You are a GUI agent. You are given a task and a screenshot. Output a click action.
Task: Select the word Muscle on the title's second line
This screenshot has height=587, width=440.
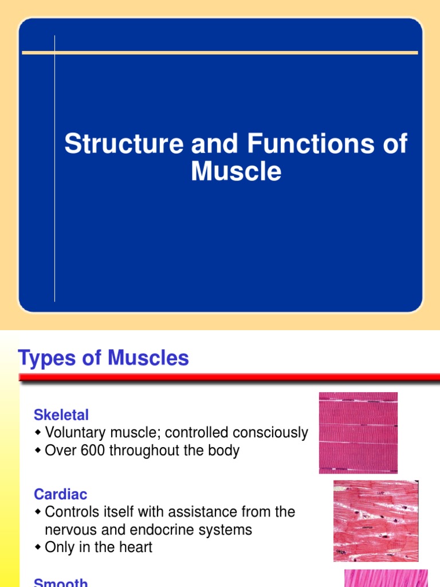pyautogui.click(x=236, y=171)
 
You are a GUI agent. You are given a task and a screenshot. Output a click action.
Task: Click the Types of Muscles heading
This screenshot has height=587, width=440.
pyautogui.click(x=104, y=358)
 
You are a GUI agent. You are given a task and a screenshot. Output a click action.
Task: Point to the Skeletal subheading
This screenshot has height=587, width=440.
pyautogui.click(x=61, y=414)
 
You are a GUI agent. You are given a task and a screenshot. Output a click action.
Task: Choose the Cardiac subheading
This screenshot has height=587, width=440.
pyautogui.click(x=61, y=494)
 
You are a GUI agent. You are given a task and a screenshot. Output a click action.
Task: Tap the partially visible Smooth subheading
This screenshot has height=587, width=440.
pyautogui.click(x=61, y=582)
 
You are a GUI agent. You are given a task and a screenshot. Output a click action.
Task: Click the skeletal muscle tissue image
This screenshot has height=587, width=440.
pyautogui.click(x=358, y=433)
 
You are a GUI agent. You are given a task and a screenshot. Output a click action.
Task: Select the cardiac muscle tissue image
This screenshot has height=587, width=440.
pyautogui.click(x=376, y=521)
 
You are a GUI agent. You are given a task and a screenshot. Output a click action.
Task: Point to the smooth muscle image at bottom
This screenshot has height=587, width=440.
pyautogui.click(x=386, y=578)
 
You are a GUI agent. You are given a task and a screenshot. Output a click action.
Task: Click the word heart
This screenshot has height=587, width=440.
pyautogui.click(x=136, y=547)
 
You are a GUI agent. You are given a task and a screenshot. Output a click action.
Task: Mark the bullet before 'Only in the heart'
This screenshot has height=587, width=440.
pyautogui.click(x=38, y=547)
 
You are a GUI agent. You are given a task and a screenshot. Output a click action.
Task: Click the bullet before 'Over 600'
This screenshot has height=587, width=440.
pyautogui.click(x=38, y=451)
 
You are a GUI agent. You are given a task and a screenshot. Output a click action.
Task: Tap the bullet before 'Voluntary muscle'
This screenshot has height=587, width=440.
pyautogui.click(x=38, y=433)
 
